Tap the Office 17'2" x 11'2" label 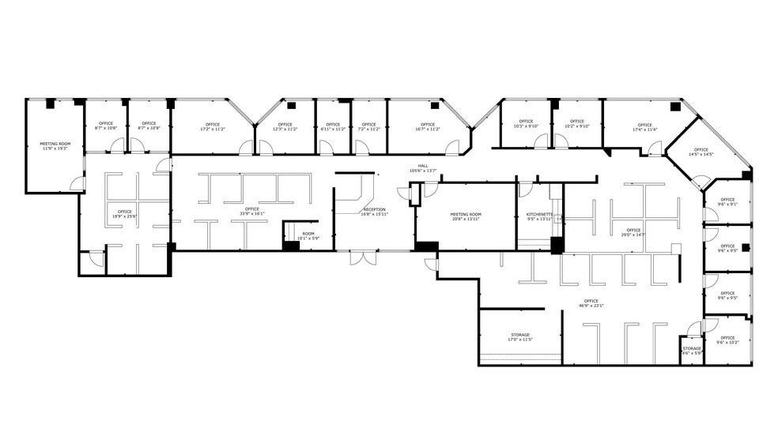(x=212, y=126)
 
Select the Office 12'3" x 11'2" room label (x=285, y=126)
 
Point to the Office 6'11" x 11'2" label (x=333, y=126)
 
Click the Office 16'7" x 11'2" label (x=428, y=126)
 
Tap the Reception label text (x=373, y=211)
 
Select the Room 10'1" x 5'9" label (x=308, y=236)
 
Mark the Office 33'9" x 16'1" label (x=251, y=211)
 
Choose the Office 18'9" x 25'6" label (x=124, y=213)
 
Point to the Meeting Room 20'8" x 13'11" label (x=466, y=216)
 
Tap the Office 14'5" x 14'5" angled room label (x=701, y=152)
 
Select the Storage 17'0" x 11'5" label (x=519, y=337)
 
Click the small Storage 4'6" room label (x=692, y=350)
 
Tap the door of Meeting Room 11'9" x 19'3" (x=77, y=183)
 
